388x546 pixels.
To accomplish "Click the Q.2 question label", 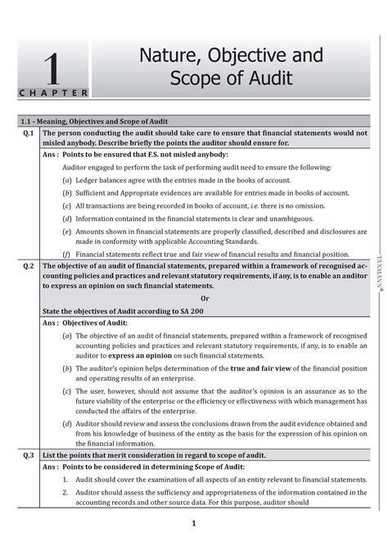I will click(x=29, y=267).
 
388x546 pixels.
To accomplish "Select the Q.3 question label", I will click(x=29, y=454).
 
